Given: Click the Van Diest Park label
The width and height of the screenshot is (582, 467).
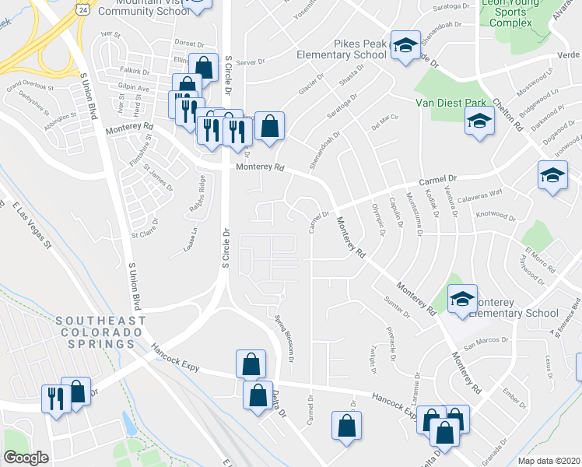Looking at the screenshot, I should pos(461,103).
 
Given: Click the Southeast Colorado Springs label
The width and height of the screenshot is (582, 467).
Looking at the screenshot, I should pos(100,332).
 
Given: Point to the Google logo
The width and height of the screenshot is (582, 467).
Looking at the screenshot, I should pos(26,458).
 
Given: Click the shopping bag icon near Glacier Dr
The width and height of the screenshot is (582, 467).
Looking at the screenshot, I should pos(269,126).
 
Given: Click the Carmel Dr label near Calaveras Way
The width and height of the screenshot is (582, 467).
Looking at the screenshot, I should pos(437,181).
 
